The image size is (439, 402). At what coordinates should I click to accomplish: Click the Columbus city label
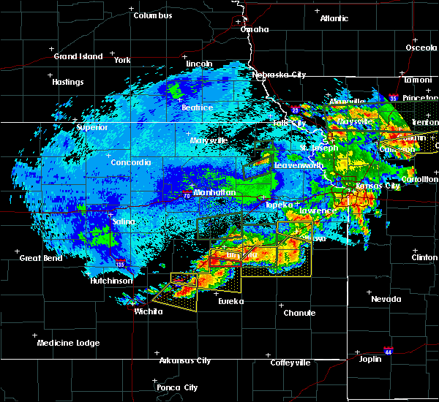pos(153,15)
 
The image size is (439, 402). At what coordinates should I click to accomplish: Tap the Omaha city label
pos(254,29)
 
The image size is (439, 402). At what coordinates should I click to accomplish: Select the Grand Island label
pos(75,56)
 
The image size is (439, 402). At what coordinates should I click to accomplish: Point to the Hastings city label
pos(67,82)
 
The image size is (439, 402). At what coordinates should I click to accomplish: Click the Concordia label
pos(132,162)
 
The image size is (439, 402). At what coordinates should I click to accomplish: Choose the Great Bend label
pos(40,257)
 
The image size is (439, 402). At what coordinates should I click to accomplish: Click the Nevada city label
pos(386,299)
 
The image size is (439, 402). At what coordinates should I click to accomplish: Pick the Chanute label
pos(299,313)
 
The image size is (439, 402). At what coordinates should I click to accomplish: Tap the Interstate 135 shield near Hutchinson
pos(120,264)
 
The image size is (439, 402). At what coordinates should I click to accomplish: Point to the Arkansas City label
pos(185,360)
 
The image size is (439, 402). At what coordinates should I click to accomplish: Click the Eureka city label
pos(230,300)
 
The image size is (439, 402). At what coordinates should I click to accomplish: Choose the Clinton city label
pos(424,257)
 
